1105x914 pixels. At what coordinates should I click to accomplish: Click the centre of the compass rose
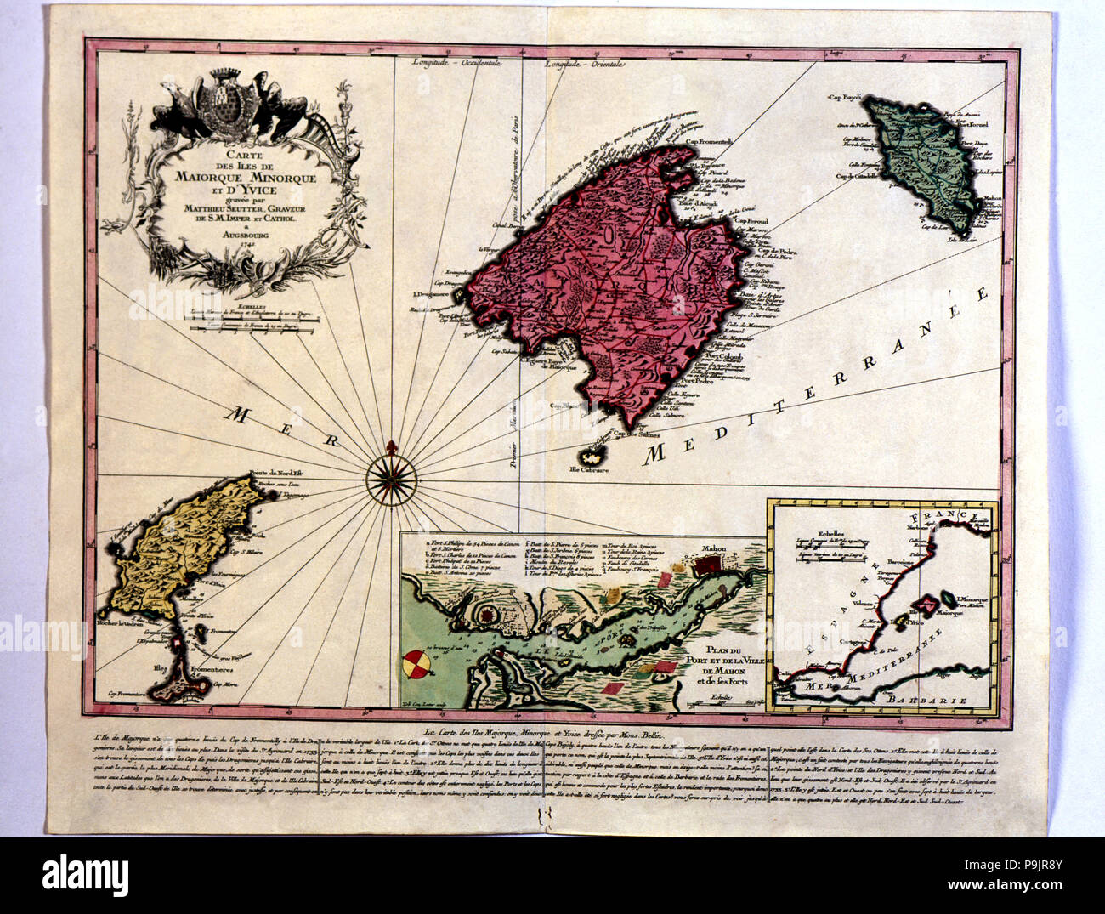click(x=392, y=473)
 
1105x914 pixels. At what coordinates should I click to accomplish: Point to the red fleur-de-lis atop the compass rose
click(x=392, y=447)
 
